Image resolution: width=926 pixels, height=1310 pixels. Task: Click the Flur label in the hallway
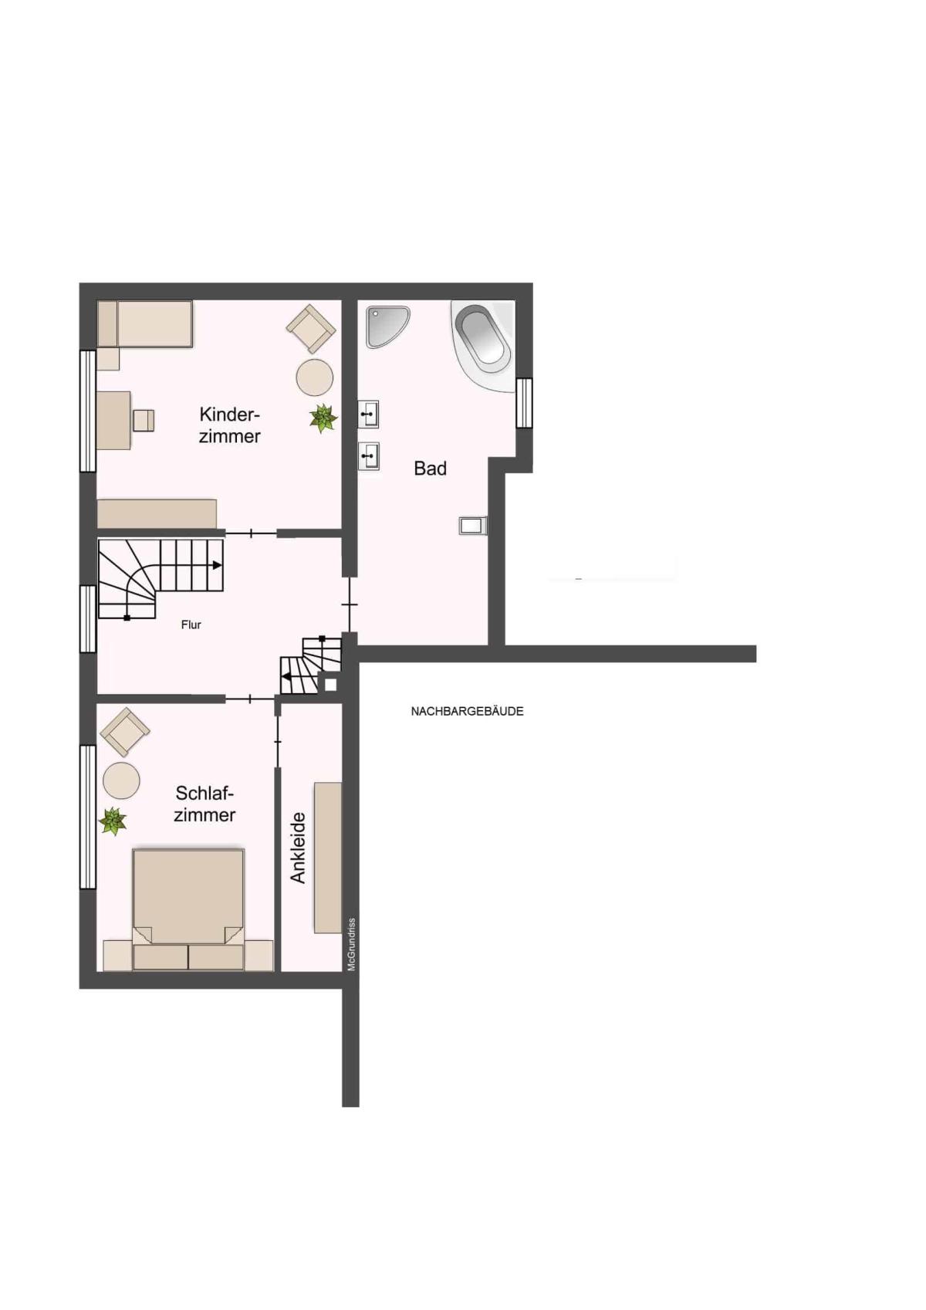(x=191, y=625)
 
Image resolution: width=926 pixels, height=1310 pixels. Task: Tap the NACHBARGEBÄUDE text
(x=467, y=711)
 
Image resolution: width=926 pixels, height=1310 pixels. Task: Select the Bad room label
(x=431, y=468)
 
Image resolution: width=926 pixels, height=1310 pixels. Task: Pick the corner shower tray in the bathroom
(x=388, y=327)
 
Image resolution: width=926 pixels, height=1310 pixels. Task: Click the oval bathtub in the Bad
(x=483, y=346)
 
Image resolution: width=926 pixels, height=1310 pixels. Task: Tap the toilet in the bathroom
(x=473, y=525)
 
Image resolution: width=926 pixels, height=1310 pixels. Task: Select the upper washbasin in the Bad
(x=368, y=414)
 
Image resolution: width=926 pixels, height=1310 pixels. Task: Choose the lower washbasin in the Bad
(x=368, y=456)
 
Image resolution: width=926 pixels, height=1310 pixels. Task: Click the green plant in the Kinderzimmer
(x=323, y=418)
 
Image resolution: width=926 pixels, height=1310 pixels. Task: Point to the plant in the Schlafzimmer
(x=112, y=821)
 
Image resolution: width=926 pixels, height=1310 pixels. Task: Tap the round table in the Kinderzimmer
(x=315, y=377)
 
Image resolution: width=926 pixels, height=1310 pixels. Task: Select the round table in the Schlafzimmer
(x=121, y=780)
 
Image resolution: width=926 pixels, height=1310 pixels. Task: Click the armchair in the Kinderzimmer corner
(x=311, y=328)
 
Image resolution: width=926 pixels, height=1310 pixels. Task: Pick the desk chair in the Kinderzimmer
(x=144, y=420)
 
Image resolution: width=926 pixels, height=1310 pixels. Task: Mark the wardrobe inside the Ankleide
(x=327, y=858)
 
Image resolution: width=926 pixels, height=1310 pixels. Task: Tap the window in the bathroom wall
(x=524, y=403)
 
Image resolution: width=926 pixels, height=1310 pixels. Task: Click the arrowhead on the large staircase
(x=218, y=565)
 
